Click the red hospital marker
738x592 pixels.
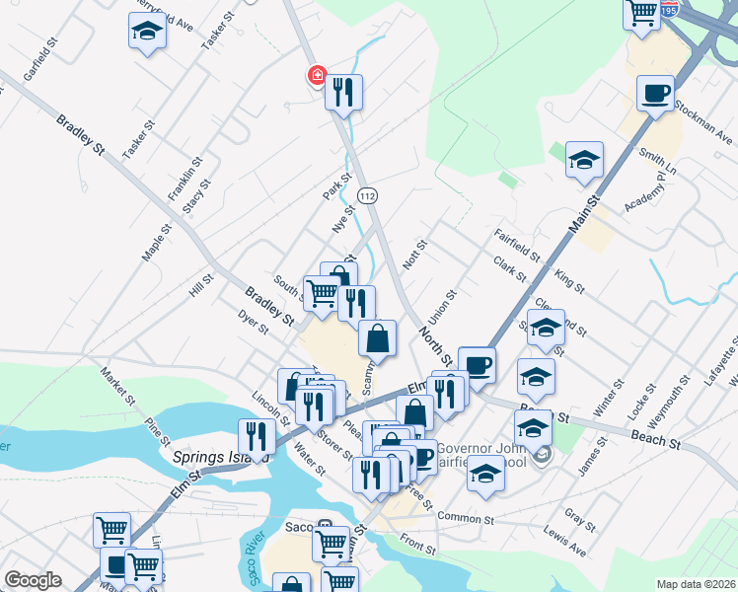[317, 75]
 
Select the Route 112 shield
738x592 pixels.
[368, 196]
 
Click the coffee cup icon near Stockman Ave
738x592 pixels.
[656, 95]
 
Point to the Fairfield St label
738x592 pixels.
[517, 245]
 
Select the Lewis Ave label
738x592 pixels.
[564, 538]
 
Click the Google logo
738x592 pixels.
[33, 580]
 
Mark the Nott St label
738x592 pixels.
[412, 257]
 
